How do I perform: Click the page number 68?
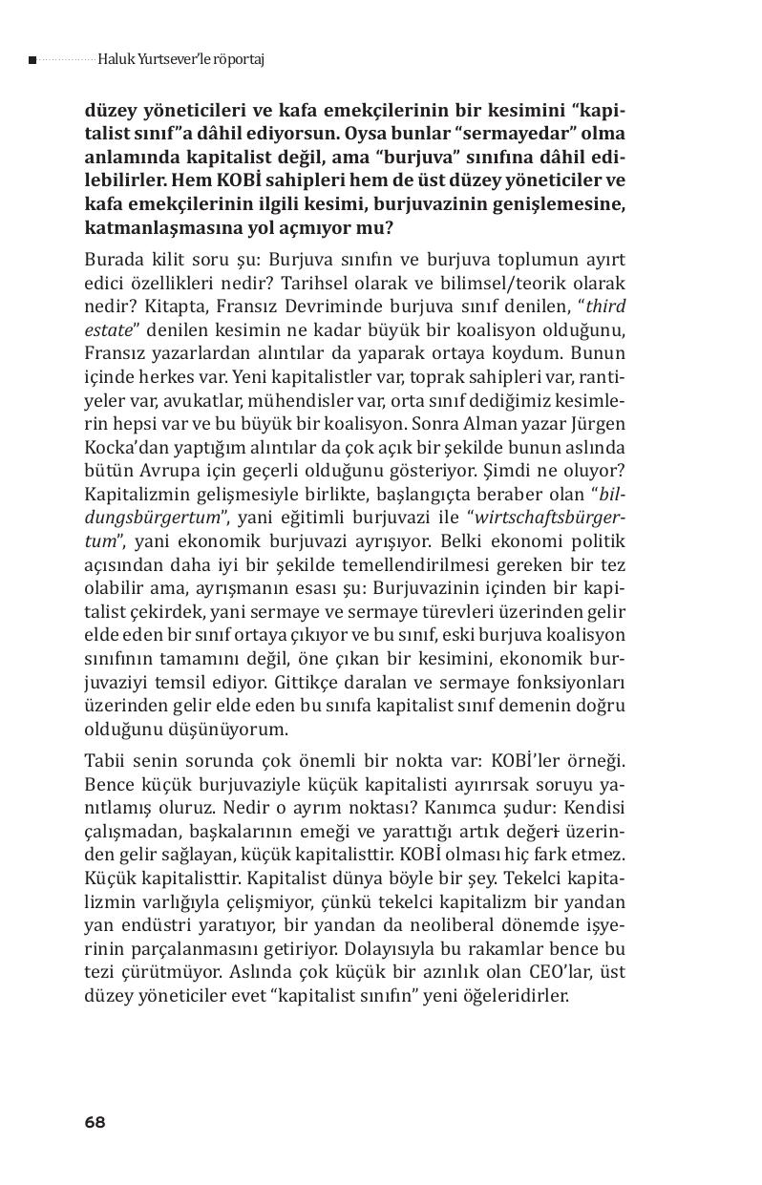95,1122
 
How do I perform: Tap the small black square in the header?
32,60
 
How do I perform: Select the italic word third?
606,307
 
